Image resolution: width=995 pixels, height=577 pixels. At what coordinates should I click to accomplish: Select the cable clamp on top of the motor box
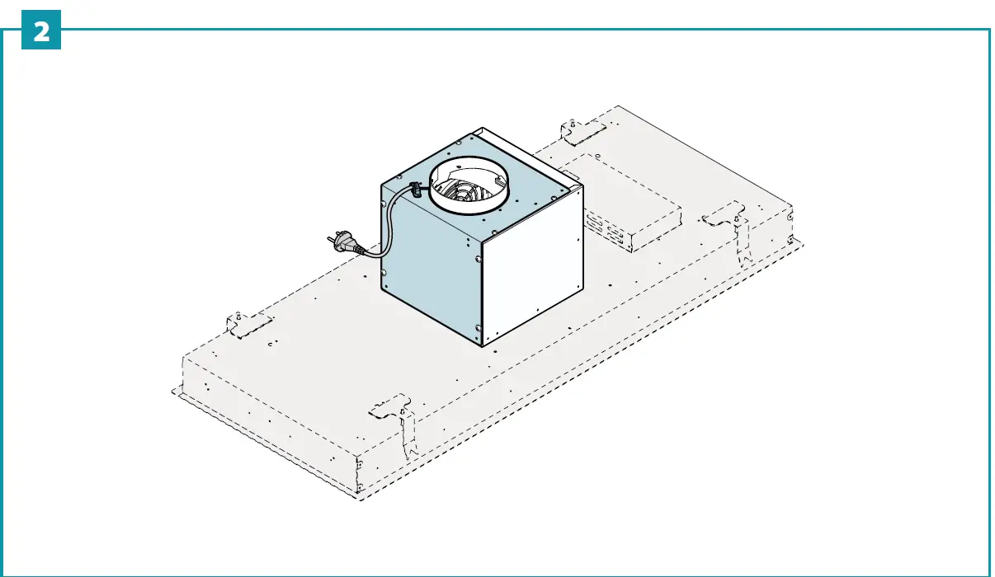[x=416, y=189]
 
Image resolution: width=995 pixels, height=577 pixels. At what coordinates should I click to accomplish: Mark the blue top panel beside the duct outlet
[x=528, y=177]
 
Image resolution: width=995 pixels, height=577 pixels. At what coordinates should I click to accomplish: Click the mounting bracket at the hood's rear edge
[x=581, y=129]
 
